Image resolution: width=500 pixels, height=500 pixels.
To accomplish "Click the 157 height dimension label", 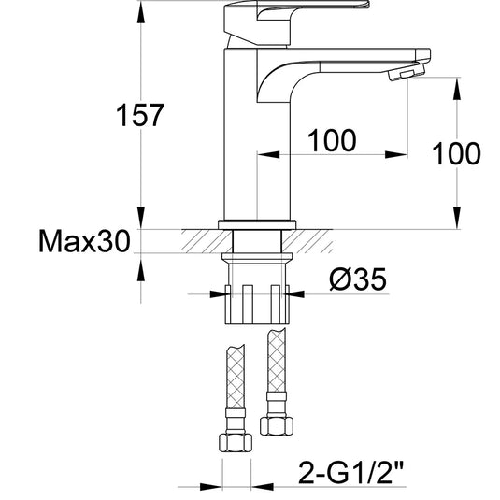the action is tap(140, 115).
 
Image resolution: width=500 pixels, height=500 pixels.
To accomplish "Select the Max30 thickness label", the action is tap(84, 241).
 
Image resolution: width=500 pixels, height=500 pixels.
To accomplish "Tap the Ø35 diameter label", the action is tap(358, 279).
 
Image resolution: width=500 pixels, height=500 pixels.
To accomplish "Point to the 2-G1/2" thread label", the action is tap(351, 476).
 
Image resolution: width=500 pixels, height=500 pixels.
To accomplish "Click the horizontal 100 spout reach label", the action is tap(332, 140).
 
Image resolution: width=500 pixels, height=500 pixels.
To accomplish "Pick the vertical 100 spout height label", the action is tap(456, 153).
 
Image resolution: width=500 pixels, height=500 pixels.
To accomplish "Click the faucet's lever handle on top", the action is tap(296, 22).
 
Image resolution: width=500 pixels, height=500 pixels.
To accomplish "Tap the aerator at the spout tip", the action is tap(407, 72).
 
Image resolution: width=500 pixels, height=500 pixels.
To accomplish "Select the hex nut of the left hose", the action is tap(236, 442).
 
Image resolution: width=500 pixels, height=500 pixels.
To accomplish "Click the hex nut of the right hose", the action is tap(277, 426).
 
